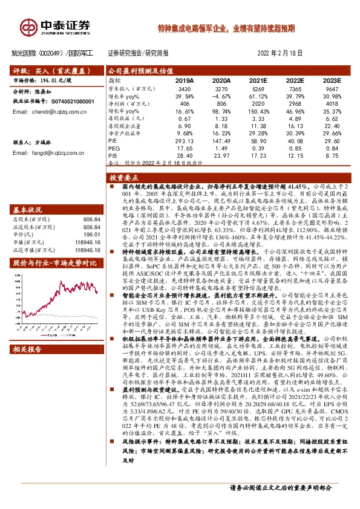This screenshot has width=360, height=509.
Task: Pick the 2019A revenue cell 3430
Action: click(184, 88)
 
